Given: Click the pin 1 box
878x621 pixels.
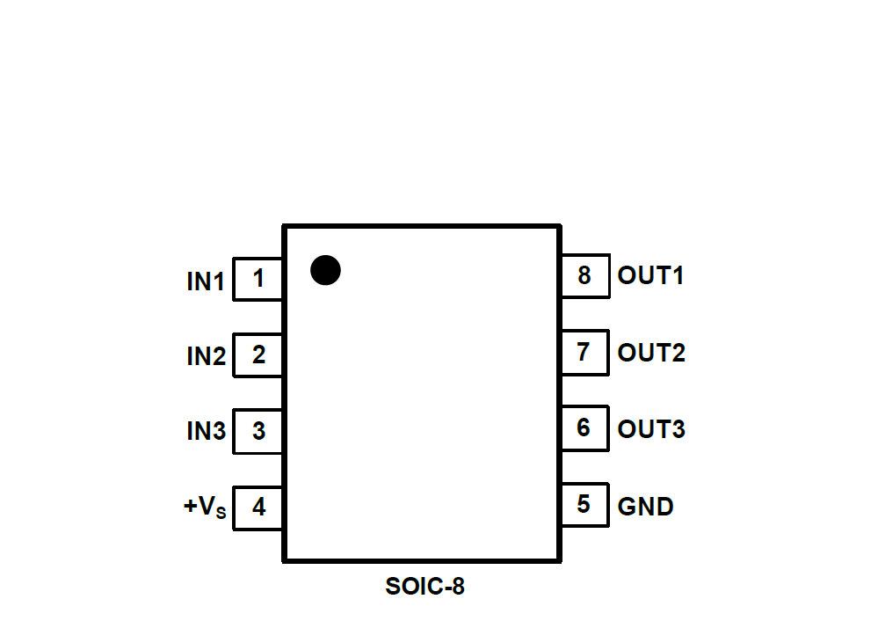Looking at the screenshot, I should tap(258, 279).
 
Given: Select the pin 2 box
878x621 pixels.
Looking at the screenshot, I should tap(258, 355).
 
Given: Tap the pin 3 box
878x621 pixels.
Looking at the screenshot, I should tap(258, 432).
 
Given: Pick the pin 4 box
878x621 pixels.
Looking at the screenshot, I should tap(258, 508).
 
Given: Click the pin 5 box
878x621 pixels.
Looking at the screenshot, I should tap(584, 505).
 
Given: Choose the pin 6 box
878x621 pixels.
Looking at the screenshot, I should tap(584, 428).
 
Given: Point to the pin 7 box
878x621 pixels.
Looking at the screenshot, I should tap(584, 352).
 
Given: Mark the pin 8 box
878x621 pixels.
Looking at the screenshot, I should tap(584, 275).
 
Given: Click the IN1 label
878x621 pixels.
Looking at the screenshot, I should tap(206, 282).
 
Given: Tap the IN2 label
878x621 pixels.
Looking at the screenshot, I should tap(206, 357).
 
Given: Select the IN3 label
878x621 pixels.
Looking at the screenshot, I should tap(206, 432).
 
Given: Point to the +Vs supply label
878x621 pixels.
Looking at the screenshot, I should tap(205, 508).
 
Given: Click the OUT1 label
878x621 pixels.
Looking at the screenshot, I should tap(650, 275).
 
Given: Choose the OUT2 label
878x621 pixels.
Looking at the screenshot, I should tap(651, 353).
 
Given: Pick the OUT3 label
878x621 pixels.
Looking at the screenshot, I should tap(651, 429).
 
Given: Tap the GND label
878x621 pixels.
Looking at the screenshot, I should tap(645, 507).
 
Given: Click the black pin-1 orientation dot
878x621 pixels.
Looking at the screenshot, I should tap(325, 270).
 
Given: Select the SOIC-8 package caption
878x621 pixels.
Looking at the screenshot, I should tap(424, 587).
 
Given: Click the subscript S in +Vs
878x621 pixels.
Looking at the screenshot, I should tap(221, 514).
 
